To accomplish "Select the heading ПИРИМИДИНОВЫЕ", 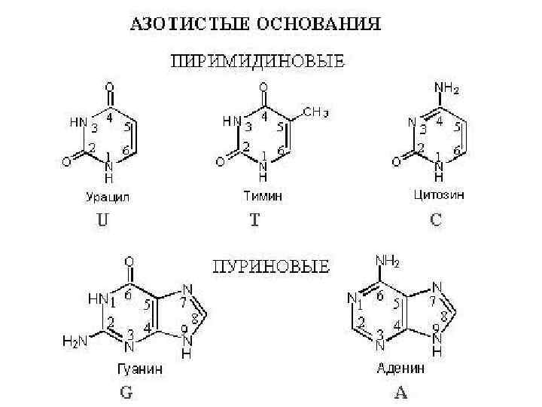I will [x=256, y=60].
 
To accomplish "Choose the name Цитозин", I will [x=440, y=195].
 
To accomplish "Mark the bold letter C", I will [x=436, y=222].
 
